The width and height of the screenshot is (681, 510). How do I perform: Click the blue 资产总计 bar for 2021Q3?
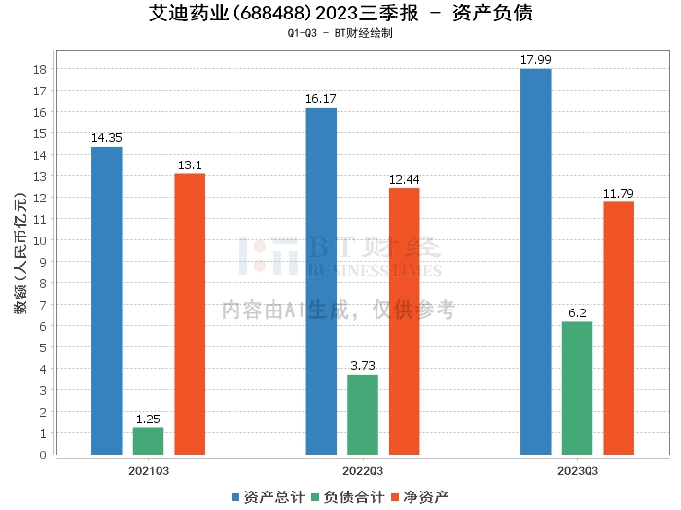click(x=107, y=301)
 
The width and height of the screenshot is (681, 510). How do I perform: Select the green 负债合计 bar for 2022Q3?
click(x=363, y=415)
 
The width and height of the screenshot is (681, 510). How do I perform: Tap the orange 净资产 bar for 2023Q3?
click(x=619, y=328)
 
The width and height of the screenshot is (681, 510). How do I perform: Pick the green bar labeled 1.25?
click(x=149, y=441)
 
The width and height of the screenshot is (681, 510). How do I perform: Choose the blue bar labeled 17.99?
click(x=535, y=262)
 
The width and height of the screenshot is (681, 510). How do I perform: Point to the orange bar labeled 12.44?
click(x=405, y=321)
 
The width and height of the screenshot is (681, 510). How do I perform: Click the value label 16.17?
click(x=321, y=99)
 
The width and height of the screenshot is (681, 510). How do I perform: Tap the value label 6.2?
click(x=577, y=312)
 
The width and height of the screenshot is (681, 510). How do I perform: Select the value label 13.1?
click(x=190, y=165)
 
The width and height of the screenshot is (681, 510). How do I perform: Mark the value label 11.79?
click(x=619, y=193)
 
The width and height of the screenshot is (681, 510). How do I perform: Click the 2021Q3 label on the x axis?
click(x=149, y=471)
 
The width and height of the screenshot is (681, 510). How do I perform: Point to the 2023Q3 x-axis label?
click(x=578, y=471)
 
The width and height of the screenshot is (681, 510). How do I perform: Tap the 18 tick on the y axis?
click(x=40, y=69)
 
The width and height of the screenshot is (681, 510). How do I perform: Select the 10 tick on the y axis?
click(x=40, y=240)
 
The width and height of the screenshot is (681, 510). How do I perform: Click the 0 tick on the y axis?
click(x=43, y=455)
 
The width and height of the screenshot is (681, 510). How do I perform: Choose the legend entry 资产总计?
click(x=268, y=497)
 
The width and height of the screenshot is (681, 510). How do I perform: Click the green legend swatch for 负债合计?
click(x=316, y=497)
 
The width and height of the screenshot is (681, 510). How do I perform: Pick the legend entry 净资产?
click(x=420, y=497)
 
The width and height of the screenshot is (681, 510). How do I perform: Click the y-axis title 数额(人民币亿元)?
click(x=20, y=252)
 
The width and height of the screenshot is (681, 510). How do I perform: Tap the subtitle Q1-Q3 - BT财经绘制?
click(x=340, y=33)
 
